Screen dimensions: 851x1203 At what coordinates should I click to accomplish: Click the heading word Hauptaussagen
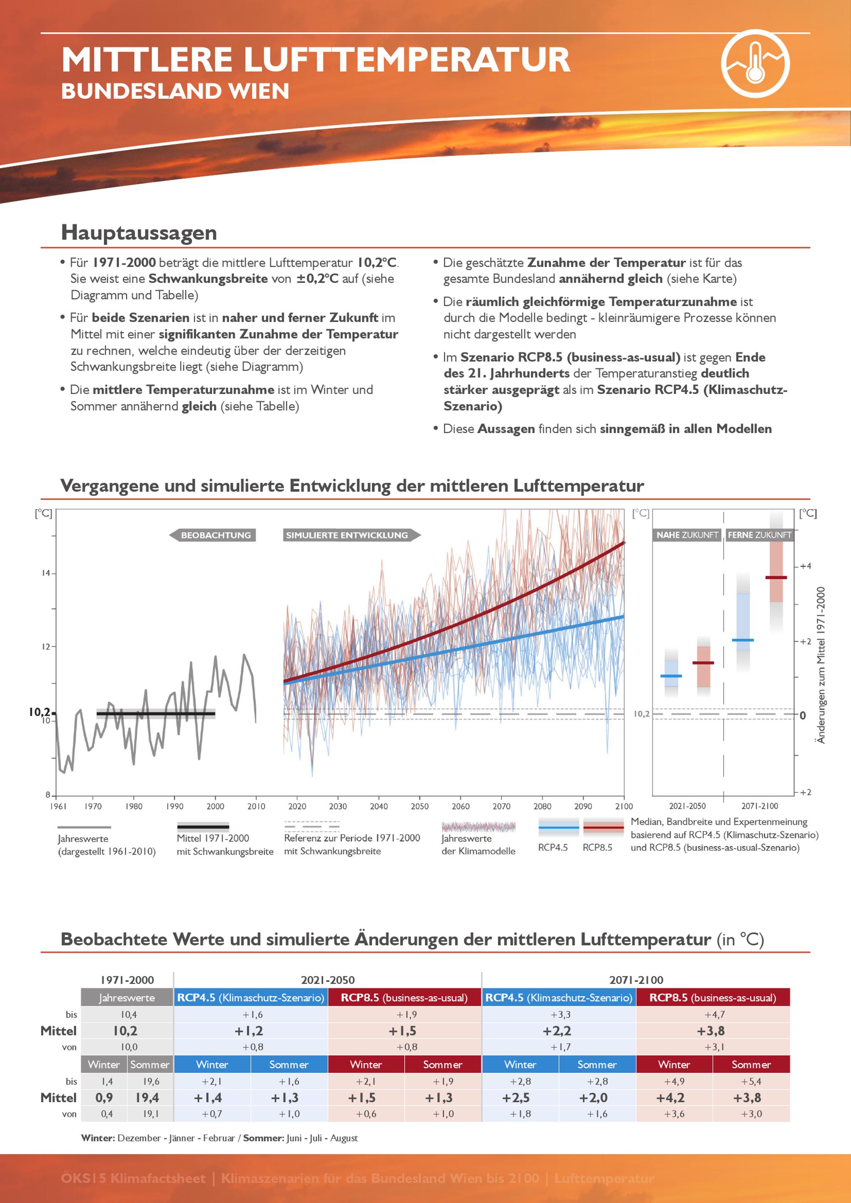pyautogui.click(x=139, y=233)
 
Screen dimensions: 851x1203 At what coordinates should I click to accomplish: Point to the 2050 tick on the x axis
pyautogui.click(x=419, y=807)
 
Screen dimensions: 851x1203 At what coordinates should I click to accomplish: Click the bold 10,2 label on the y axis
pyautogui.click(x=39, y=712)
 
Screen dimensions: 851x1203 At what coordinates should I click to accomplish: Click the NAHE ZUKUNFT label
pyautogui.click(x=687, y=535)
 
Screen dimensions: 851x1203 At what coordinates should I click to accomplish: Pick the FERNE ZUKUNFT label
pyautogui.click(x=759, y=535)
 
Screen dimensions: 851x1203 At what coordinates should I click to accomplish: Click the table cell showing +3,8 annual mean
pyautogui.click(x=711, y=1031)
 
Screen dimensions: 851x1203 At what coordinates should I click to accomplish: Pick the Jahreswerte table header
pyautogui.click(x=127, y=998)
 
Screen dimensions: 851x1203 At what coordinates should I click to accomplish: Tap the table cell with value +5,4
pyautogui.click(x=751, y=1081)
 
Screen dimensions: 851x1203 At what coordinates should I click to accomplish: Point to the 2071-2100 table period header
pyautogui.click(x=636, y=980)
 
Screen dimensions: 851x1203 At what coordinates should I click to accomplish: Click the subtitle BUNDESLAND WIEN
pyautogui.click(x=175, y=91)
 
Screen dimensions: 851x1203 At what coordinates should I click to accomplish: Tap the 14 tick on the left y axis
pyautogui.click(x=46, y=573)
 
